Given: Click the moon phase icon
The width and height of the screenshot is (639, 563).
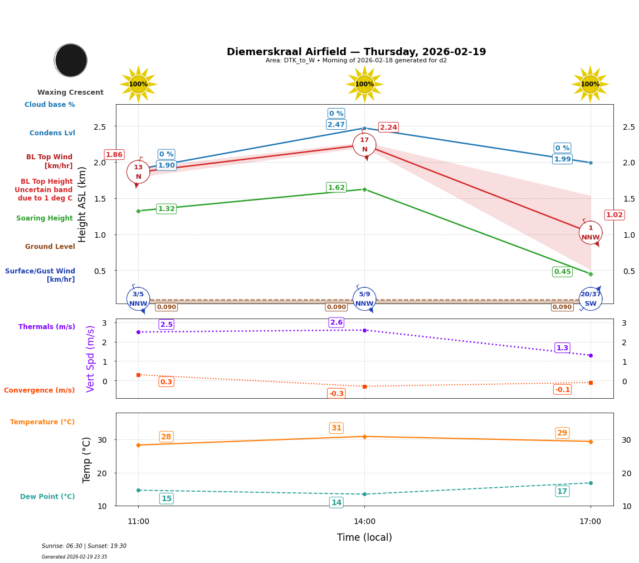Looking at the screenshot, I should coord(71,60).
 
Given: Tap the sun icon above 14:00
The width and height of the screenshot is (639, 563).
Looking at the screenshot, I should coord(364,84).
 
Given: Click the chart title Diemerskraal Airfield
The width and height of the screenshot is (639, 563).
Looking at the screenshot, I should coord(356,52).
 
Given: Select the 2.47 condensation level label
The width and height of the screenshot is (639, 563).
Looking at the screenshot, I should coord(336,125).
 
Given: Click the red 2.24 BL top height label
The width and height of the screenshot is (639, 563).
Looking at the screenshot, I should coord(388,128).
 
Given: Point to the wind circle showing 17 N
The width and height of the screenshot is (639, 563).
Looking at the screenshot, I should coord(364,145).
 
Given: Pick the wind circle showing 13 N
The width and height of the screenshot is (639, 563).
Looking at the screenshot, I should coord(138,172).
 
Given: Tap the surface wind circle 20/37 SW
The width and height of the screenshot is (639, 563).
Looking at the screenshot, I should coord(591,299).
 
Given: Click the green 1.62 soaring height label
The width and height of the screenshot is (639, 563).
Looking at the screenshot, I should coord(336,188).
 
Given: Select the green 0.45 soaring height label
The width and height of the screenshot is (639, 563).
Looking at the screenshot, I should coord(562,272).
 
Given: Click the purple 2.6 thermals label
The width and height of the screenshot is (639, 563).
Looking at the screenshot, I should coord(336,322).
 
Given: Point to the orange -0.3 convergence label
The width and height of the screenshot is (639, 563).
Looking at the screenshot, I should coord(336,394).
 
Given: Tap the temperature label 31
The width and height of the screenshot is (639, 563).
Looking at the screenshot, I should coord(336,428).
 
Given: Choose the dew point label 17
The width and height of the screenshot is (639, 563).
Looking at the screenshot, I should coord(562,491).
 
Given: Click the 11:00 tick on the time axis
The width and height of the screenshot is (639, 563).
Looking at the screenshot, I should coord(138,522).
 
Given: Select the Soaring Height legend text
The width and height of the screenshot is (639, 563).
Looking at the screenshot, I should coord(45,218).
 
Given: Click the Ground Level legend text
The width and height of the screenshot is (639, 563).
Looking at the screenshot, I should coord(50,247).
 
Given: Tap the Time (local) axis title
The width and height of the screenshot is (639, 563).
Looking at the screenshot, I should coord(364,537).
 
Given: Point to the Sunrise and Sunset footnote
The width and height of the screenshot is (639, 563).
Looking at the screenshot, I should coord(84,546).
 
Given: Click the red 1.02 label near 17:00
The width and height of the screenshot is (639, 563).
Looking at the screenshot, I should coord(614,215).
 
